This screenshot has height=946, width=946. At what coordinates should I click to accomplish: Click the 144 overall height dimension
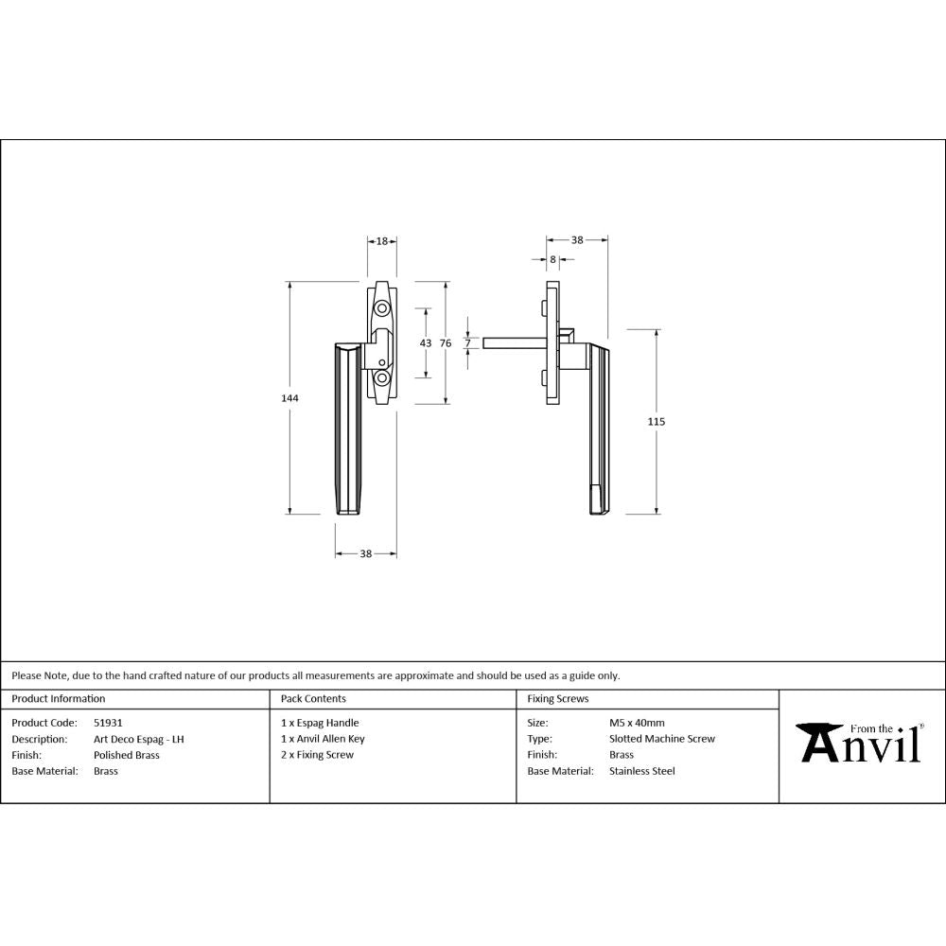click(x=289, y=398)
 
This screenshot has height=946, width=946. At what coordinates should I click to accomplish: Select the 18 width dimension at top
click(x=382, y=241)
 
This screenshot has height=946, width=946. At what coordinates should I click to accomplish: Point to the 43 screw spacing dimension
click(x=425, y=342)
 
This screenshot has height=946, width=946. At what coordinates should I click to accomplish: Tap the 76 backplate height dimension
click(x=446, y=342)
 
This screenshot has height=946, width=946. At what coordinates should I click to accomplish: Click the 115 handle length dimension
click(x=657, y=421)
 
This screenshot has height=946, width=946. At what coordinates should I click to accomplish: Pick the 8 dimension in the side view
click(x=552, y=258)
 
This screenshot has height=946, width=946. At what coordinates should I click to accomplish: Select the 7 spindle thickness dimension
click(x=467, y=342)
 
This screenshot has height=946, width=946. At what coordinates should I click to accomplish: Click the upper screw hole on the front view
click(x=382, y=309)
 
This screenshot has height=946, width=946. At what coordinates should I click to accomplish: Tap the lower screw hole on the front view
click(x=382, y=377)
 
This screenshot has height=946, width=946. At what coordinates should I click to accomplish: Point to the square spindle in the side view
click(x=511, y=342)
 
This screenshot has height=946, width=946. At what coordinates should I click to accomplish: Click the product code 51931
click(x=108, y=723)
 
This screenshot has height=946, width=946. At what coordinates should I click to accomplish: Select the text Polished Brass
click(x=127, y=755)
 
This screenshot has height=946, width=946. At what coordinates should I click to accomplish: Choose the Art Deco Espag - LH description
click(x=138, y=739)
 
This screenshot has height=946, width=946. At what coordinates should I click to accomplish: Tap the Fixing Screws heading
click(x=558, y=699)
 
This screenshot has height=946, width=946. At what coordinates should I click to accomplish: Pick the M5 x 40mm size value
click(x=637, y=723)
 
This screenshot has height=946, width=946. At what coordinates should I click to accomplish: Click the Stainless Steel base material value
click(x=642, y=771)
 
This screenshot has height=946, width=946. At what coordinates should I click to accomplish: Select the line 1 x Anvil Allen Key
click(x=323, y=739)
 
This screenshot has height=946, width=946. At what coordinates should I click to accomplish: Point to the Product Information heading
click(x=59, y=699)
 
